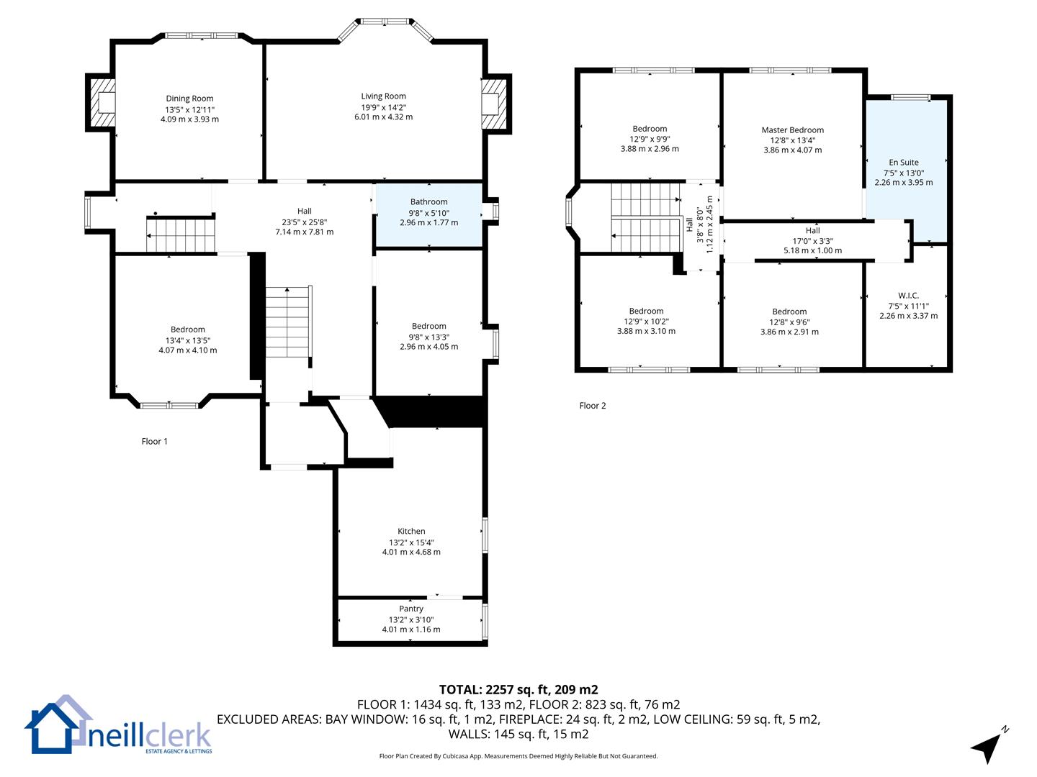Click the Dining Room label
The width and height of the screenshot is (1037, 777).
pos(189,98)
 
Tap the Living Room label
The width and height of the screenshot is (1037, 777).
pos(383,96)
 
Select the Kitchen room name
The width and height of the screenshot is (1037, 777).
pos(411,531)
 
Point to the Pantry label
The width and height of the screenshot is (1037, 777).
pos(411,609)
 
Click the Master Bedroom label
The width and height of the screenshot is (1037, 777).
pos(792,129)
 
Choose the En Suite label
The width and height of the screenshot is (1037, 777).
pos(903,163)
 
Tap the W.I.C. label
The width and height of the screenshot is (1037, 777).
pos(908,295)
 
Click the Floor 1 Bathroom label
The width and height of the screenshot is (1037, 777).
pos(428,201)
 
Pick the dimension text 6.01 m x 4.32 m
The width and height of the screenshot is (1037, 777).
pos(384,117)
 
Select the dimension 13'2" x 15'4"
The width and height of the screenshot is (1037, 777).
pos(411,542)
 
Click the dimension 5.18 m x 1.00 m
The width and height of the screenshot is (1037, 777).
pos(812,250)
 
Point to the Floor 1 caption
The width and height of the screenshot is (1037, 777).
pos(155,441)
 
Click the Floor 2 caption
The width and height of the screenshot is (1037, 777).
pos(593,405)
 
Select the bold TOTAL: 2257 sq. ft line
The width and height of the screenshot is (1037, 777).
pos(518,689)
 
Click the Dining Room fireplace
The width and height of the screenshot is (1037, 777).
pos(101,103)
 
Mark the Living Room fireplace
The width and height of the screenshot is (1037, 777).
pos(496,104)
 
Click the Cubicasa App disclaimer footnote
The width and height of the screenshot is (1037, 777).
pos(518,755)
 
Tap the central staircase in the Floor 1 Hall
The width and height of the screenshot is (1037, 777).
pos(288,322)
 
